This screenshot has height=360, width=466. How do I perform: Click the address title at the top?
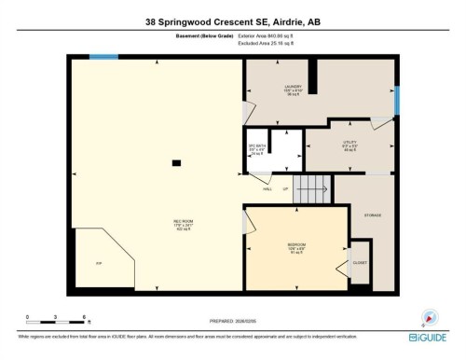click(233, 19)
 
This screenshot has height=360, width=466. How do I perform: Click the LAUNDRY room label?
click(295, 88)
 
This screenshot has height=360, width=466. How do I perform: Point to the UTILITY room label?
click(349, 144)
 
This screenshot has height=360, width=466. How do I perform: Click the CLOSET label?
click(359, 262)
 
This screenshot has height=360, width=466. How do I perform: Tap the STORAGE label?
click(372, 215)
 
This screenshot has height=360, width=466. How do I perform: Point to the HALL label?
click(267, 189)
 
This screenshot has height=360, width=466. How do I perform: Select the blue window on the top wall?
click(103, 57)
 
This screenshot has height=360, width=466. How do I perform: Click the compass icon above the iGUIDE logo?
click(430, 317)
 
